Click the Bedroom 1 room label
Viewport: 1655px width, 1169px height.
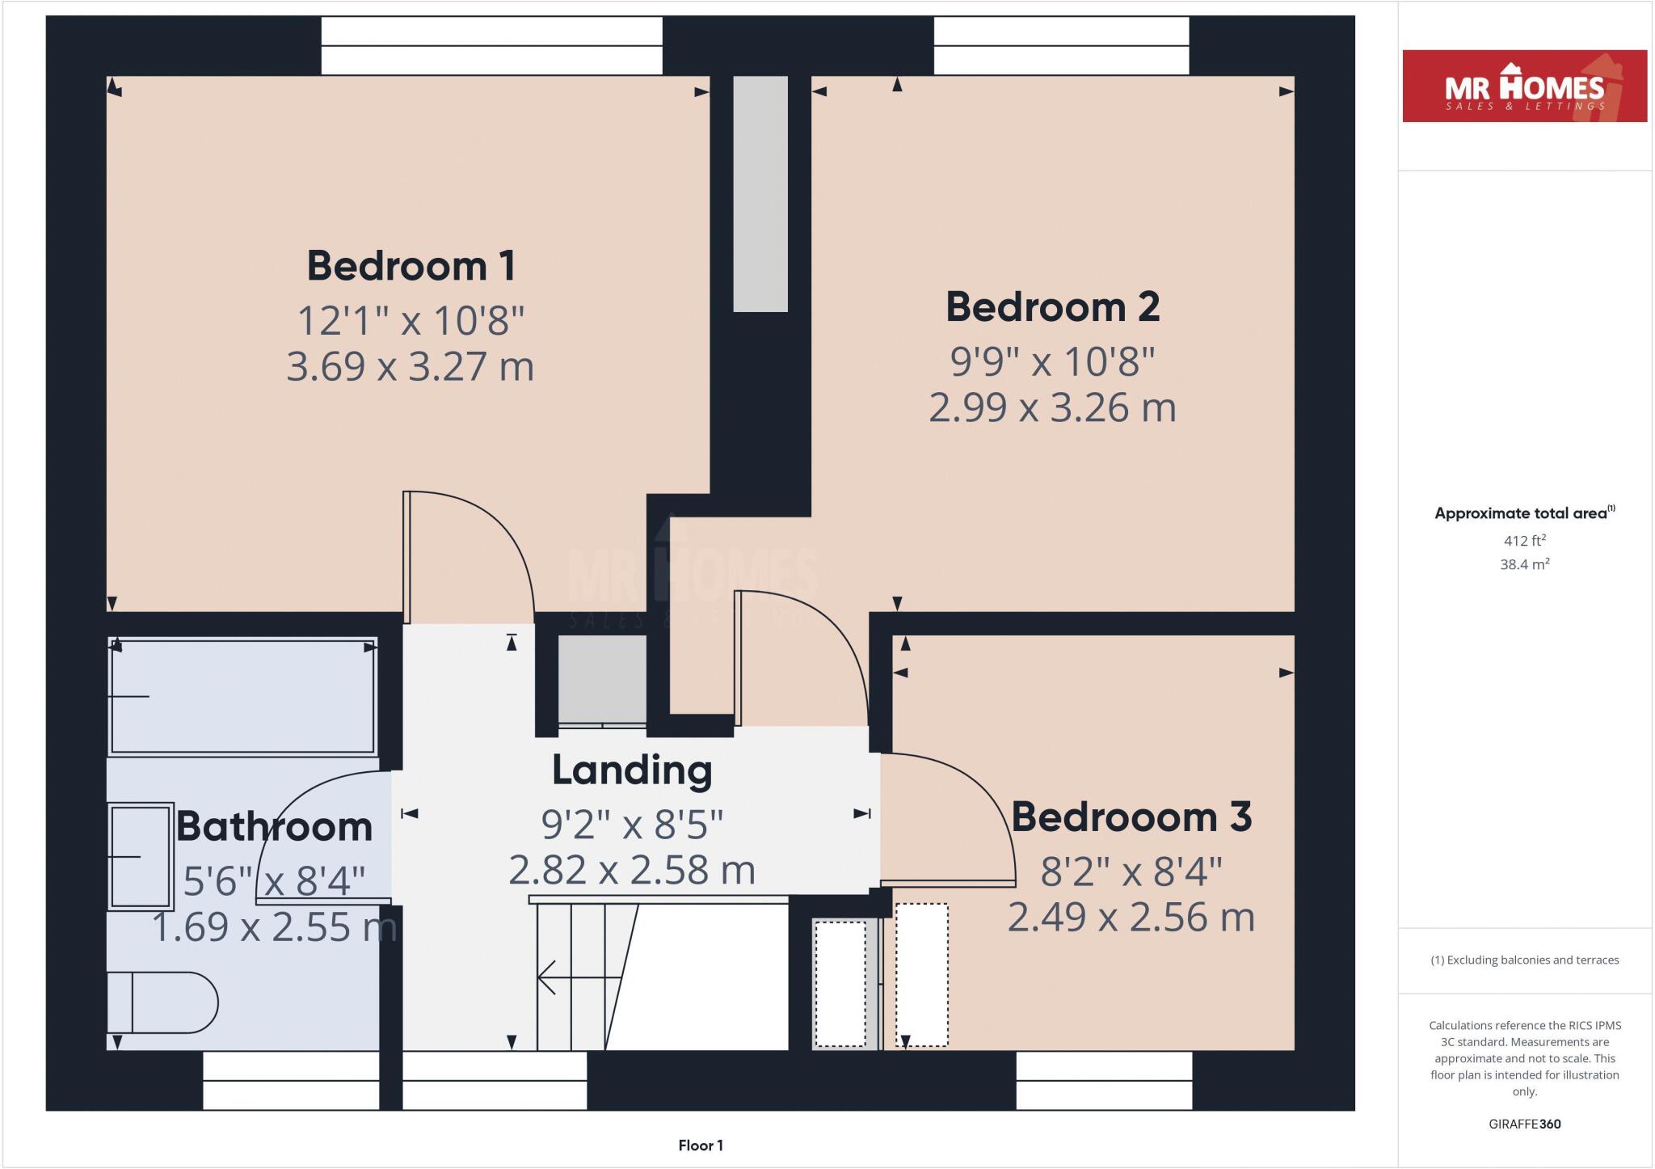point(411,266)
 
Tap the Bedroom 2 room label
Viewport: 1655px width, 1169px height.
point(1052,307)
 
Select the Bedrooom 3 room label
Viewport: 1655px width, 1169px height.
point(1131,817)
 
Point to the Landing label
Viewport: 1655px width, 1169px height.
point(632,770)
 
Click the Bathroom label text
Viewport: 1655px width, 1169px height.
point(274,826)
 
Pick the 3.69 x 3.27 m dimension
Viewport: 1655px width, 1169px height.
point(411,366)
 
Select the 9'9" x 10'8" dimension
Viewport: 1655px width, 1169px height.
point(1052,361)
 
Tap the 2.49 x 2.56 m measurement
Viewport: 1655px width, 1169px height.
point(1131,918)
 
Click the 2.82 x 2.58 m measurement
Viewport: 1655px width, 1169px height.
point(632,871)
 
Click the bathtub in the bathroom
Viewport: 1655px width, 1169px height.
point(242,696)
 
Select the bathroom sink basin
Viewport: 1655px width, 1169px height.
point(141,856)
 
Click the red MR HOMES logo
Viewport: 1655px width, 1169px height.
point(1524,87)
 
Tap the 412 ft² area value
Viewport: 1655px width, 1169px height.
point(1524,541)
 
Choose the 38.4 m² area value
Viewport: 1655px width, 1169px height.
point(1524,564)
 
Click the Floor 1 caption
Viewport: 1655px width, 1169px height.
point(700,1145)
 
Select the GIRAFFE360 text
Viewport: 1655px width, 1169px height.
point(1524,1124)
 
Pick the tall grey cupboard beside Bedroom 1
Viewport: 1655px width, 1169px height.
point(760,194)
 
